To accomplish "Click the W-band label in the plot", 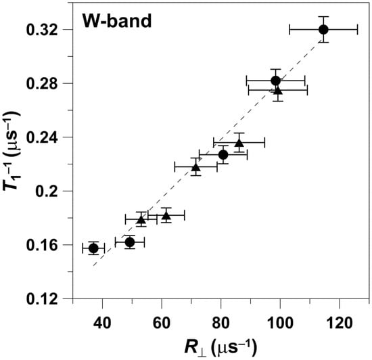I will click(x=116, y=21).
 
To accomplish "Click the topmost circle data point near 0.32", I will click(x=323, y=29).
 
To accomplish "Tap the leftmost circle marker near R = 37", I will click(x=93, y=248).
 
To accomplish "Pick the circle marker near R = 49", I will click(x=130, y=242).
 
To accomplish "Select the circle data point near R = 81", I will click(x=223, y=155).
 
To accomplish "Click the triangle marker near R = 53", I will click(x=141, y=220).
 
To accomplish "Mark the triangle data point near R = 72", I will click(x=196, y=167).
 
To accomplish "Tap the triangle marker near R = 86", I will click(x=239, y=143).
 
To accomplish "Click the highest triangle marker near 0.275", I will click(x=277, y=90).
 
